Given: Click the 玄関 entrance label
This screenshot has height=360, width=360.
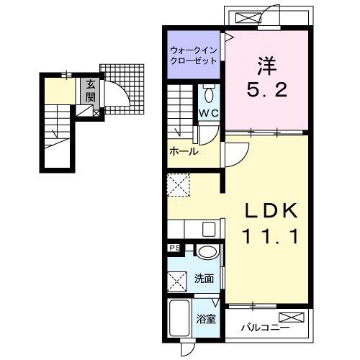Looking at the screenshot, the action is tap(91, 91).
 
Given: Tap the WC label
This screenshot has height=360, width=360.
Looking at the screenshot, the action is tap(209, 113).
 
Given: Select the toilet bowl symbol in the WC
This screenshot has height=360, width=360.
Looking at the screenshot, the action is tap(209, 94).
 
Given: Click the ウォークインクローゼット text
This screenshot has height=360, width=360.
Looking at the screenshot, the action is tap(194, 55).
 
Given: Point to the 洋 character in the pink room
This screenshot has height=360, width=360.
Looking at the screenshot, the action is tap(267, 66).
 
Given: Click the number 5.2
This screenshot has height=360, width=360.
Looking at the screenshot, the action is tap(267, 90).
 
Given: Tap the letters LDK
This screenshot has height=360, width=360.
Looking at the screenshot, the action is tap(271, 210).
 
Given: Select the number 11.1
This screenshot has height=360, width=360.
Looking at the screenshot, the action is tap(271, 236).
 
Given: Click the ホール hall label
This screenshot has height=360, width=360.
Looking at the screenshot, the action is tap(184, 151).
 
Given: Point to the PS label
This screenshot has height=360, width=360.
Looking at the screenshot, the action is tap(175, 248).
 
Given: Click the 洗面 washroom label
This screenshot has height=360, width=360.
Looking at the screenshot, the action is tap(204, 279).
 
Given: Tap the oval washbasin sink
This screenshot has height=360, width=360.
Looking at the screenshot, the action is tap(207, 252).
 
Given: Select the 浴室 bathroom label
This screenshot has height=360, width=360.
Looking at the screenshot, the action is tap(206, 319).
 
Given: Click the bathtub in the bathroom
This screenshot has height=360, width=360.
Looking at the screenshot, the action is tap(179, 318).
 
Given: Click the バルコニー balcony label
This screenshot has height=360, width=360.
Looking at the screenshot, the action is tap(265, 327).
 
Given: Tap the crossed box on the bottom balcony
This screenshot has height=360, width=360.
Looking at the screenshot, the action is tap(292, 318).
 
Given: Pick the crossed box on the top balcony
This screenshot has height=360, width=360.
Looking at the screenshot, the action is tap(248, 18).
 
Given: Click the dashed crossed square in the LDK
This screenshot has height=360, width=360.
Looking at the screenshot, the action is tap(179, 185).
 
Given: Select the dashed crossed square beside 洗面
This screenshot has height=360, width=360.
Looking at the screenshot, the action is tap(177, 282).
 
